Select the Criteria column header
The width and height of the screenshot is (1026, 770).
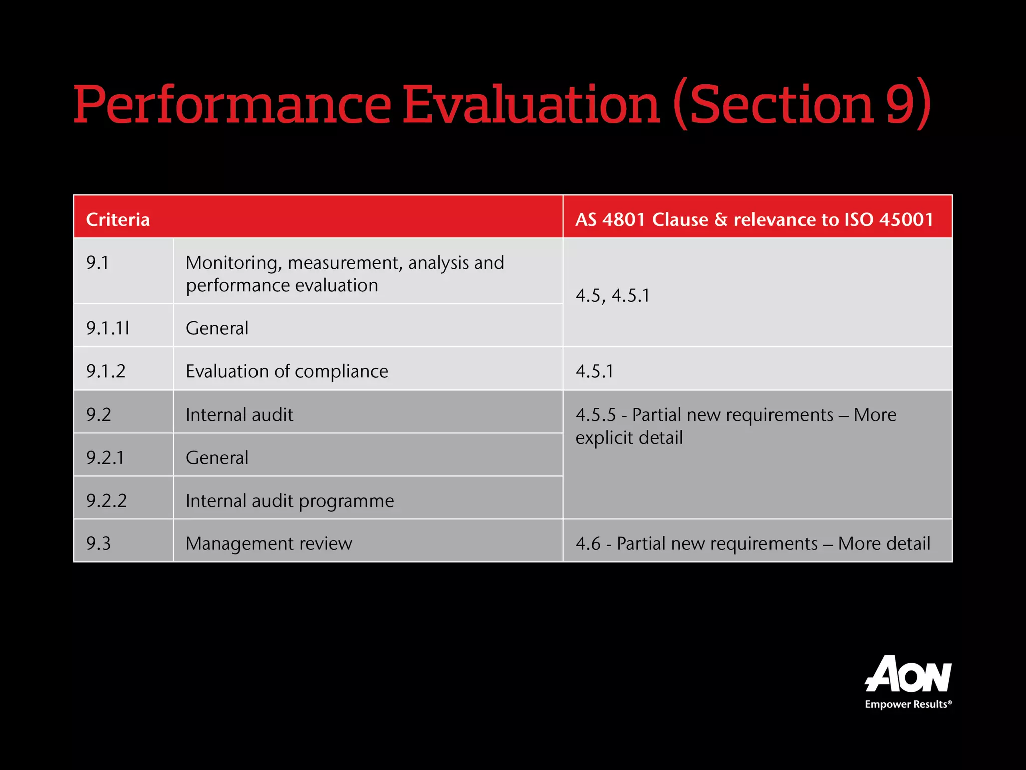pyautogui.click(x=118, y=219)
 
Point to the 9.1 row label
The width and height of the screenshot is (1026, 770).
pyautogui.click(x=97, y=263)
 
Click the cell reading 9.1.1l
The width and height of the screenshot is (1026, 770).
pyautogui.click(x=108, y=328)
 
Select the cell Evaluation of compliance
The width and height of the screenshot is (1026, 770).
pyautogui.click(x=287, y=371)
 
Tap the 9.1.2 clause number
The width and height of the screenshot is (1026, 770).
pyautogui.click(x=106, y=371)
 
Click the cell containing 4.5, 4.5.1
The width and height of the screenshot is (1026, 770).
pyautogui.click(x=612, y=295)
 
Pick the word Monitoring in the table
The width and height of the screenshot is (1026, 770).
pyautogui.click(x=230, y=263)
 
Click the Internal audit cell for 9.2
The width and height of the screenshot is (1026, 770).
pyautogui.click(x=239, y=415)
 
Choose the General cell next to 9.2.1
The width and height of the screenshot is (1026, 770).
pyautogui.click(x=217, y=458)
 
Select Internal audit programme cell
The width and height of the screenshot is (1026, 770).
pyautogui.click(x=290, y=501)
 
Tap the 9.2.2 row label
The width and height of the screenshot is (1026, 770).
pyautogui.click(x=106, y=501)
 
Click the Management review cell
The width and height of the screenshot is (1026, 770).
pyautogui.click(x=269, y=544)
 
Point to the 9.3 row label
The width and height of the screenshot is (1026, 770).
pyautogui.click(x=98, y=544)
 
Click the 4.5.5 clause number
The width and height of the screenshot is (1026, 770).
pyautogui.click(x=595, y=415)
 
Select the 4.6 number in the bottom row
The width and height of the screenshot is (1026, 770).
pyautogui.click(x=587, y=544)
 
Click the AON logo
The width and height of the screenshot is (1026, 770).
pyautogui.click(x=908, y=674)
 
